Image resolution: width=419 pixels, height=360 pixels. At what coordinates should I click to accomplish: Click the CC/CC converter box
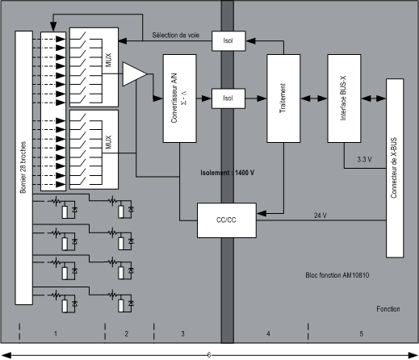(227, 220)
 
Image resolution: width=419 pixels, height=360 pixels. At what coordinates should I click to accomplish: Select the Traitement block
(283, 98)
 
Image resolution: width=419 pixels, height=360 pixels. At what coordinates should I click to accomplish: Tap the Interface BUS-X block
(344, 98)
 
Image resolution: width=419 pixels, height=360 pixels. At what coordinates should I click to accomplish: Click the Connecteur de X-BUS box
(395, 168)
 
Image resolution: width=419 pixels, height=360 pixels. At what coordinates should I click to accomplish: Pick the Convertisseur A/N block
(179, 98)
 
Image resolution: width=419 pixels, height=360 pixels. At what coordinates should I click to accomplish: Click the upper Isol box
(228, 41)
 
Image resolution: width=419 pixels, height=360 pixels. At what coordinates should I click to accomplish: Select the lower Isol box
(228, 98)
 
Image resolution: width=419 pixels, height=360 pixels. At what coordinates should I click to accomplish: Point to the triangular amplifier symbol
(135, 74)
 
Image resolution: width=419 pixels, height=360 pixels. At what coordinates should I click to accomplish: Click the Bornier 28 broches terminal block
(24, 168)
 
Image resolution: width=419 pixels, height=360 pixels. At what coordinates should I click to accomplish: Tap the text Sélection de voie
(176, 36)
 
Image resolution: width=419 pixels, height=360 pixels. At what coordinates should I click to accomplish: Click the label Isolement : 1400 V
(227, 173)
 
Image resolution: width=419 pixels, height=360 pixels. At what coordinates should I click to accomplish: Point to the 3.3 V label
(364, 159)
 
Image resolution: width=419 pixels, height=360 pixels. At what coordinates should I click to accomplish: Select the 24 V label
(321, 216)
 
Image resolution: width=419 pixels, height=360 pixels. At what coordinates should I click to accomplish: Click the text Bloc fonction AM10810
(337, 275)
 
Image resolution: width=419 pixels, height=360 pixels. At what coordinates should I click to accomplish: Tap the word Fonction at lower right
(388, 309)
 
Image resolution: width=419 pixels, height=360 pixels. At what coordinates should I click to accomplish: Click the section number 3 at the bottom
(182, 333)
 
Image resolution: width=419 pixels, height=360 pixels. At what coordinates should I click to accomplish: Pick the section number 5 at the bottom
(361, 333)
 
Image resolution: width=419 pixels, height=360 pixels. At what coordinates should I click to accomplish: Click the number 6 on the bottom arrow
(209, 355)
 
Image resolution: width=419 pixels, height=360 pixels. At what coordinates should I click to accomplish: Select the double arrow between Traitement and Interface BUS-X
(314, 98)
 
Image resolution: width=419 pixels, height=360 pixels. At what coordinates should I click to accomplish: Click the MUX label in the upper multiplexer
(109, 60)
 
